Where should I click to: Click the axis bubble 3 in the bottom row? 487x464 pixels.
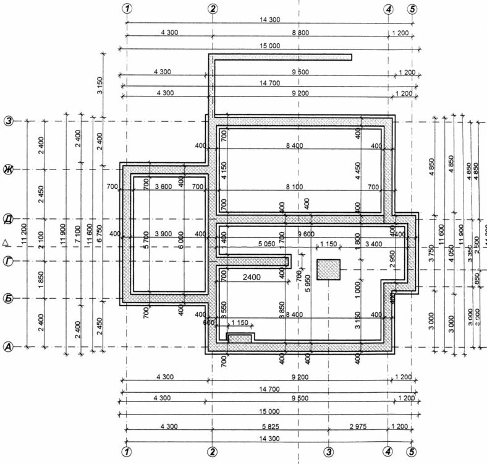pyautogui.click(x=329, y=452)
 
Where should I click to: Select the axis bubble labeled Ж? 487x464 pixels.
pyautogui.click(x=9, y=169)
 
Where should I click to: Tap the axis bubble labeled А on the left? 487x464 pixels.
pyautogui.click(x=9, y=347)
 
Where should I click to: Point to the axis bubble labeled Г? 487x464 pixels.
pyautogui.click(x=9, y=262)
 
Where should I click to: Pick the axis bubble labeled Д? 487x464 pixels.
pyautogui.click(x=9, y=218)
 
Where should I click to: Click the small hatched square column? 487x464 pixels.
pyautogui.click(x=328, y=270)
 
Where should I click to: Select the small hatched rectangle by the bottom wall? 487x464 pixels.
pyautogui.click(x=239, y=338)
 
